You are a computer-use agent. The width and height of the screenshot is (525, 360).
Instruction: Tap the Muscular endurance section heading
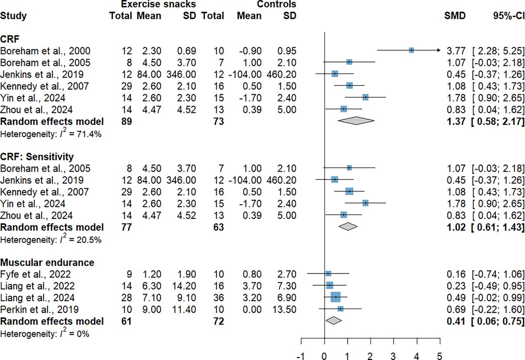pos(47,262)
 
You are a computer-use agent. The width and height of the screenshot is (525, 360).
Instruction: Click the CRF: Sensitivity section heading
pos(37,156)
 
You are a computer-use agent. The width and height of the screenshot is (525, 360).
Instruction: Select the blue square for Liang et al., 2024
pos(336,297)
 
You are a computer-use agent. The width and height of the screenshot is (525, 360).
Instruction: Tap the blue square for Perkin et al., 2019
pos(340,308)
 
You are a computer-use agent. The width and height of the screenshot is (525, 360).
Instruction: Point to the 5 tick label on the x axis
pos(440,355)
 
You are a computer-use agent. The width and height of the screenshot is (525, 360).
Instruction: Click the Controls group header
pos(276,5)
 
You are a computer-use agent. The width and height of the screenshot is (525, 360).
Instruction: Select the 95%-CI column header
pos(508,16)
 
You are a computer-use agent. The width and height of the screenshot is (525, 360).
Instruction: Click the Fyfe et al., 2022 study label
pos(36,274)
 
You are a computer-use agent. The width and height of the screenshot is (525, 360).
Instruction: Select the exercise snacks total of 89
pos(126,121)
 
